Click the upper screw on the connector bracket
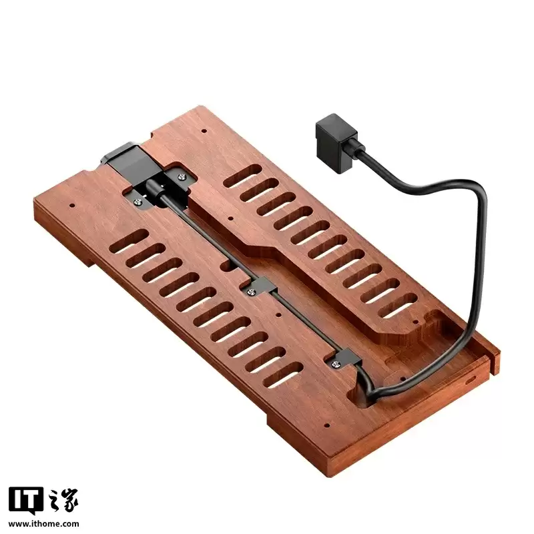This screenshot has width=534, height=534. click(x=182, y=176)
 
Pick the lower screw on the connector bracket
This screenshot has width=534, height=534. click(x=139, y=201)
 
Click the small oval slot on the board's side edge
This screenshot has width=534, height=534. click(x=471, y=378)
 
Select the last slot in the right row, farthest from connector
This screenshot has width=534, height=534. click(x=397, y=308)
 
